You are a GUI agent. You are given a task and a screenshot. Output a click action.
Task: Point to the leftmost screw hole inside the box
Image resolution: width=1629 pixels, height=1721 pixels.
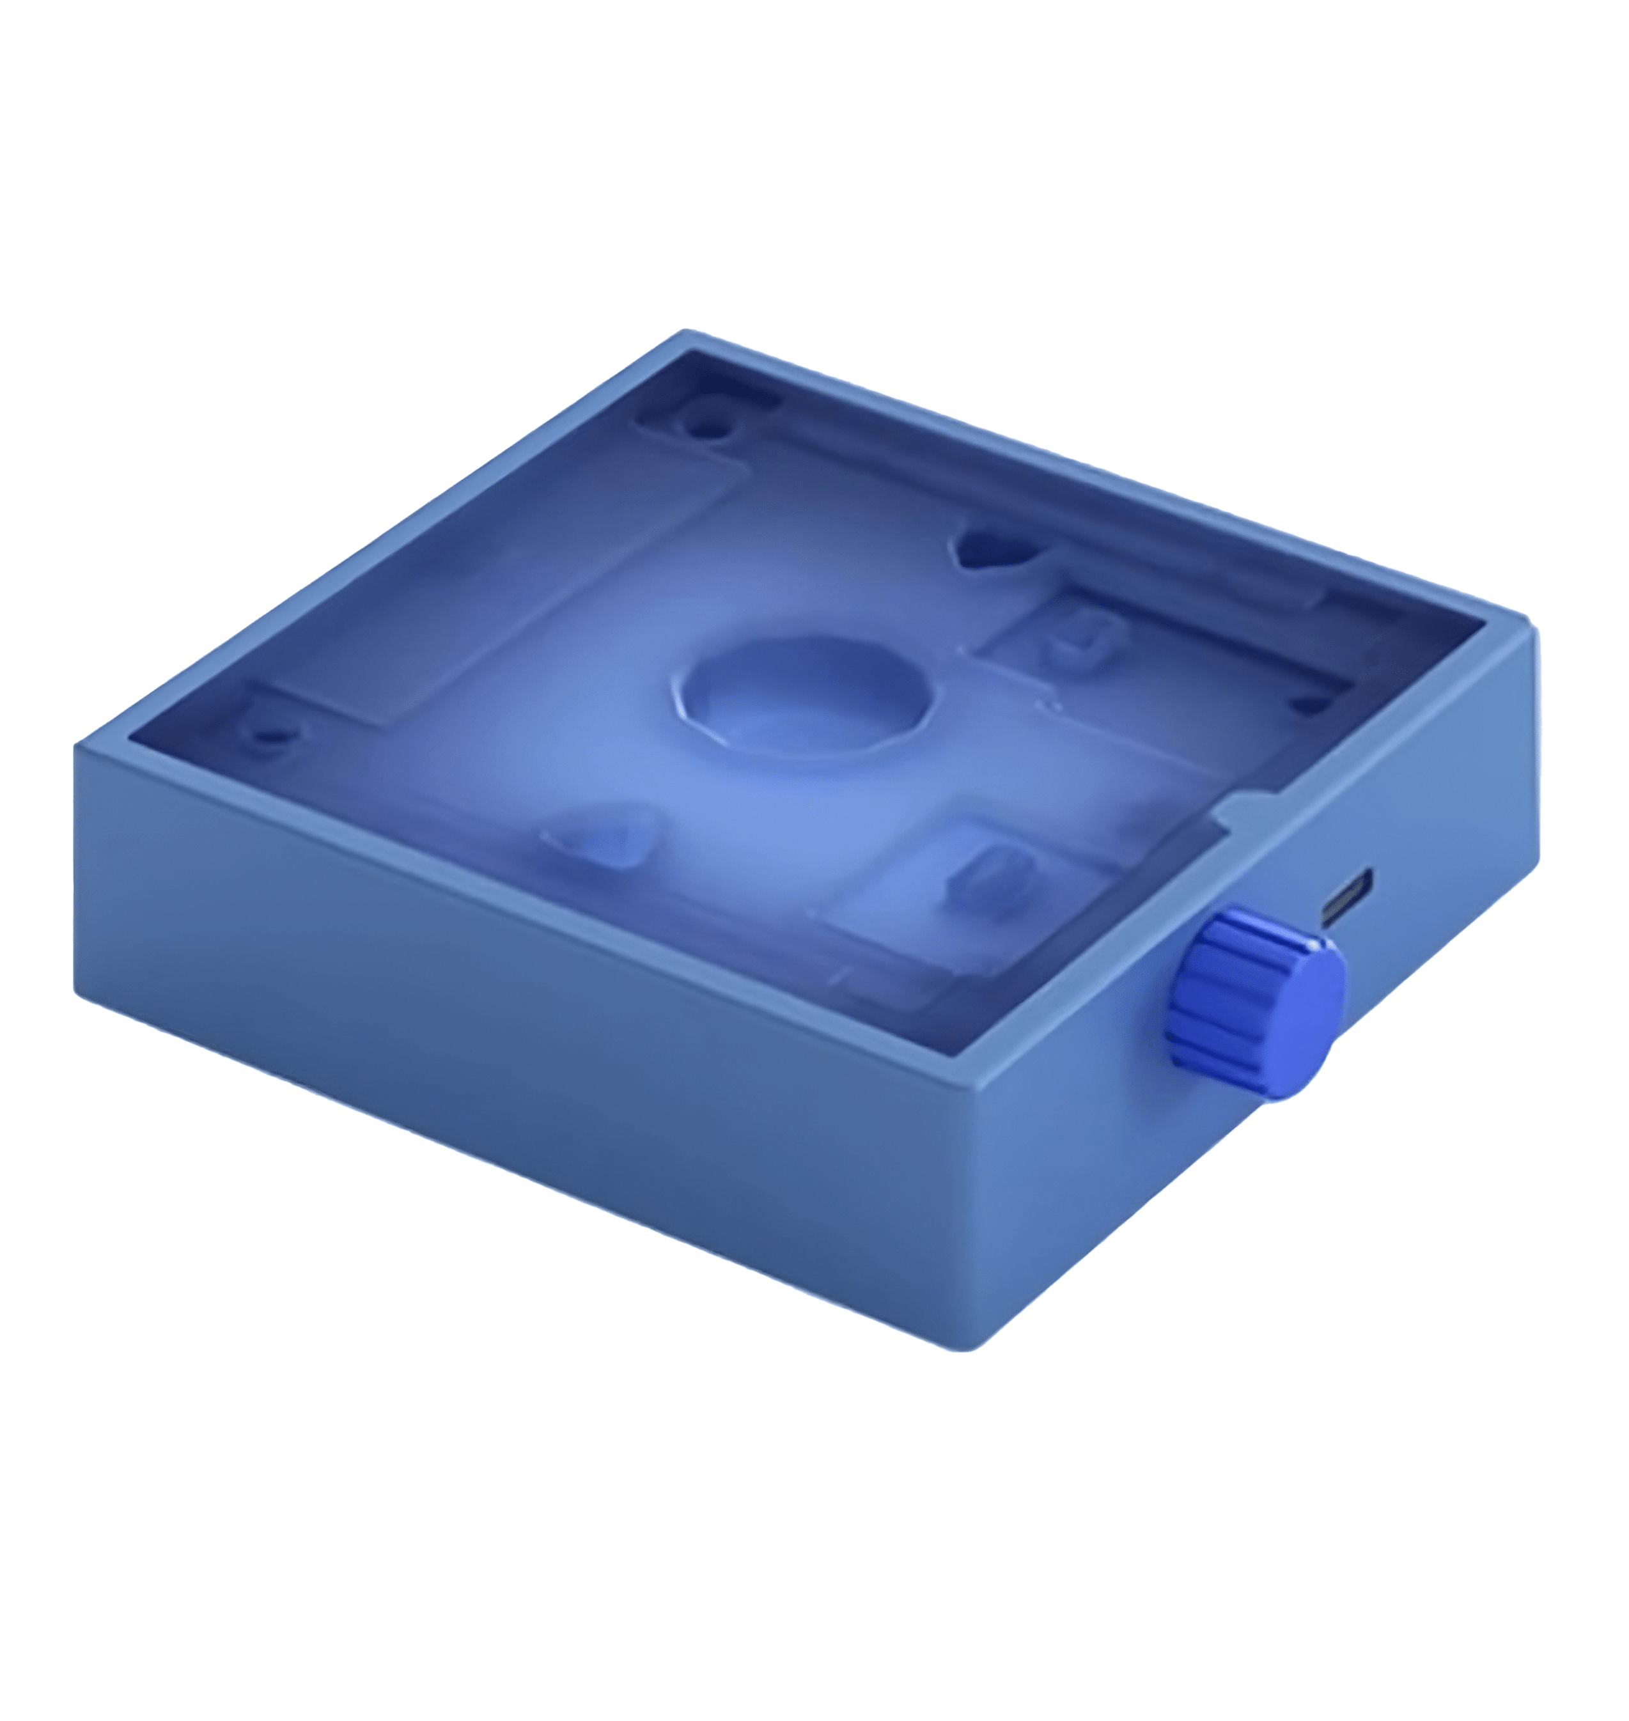[271, 737]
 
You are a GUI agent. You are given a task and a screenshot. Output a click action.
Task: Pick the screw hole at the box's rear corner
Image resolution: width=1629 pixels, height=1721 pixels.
[705, 426]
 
